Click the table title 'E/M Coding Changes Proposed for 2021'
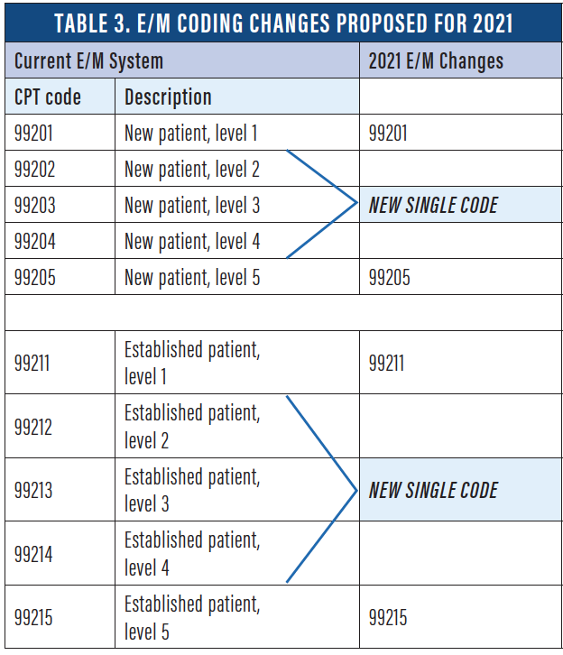281,22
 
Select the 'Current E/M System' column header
88,61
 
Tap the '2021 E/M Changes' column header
436,61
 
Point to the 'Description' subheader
168,97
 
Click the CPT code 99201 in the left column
34,134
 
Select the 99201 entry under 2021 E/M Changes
388,134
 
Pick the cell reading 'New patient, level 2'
191,169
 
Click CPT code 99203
34,205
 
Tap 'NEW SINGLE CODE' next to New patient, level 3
433,205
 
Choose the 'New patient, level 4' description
191,241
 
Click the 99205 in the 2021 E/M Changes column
389,277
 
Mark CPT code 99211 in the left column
33,363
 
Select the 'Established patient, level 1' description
191,363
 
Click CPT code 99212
34,426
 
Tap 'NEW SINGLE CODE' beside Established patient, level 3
433,490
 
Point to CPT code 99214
34,553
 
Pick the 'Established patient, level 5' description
191,617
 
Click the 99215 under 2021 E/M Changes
388,617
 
